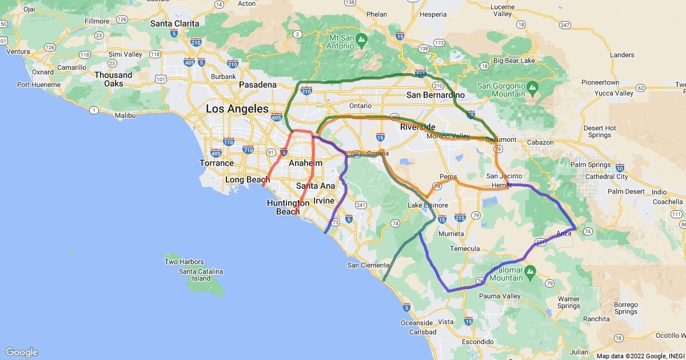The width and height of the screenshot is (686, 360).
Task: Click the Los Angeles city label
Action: pos(237,109)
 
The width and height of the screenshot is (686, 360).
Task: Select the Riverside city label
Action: pos(418,127)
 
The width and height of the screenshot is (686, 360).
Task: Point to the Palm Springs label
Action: pos(592,165)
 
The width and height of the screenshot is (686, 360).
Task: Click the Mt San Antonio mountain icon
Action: pos(361,39)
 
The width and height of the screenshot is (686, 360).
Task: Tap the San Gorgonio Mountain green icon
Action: pos(532,87)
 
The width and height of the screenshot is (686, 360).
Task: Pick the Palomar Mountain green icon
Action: pos(530,270)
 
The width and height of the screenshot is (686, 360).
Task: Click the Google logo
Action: pos(22,352)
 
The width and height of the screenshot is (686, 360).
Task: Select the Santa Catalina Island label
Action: pos(201,275)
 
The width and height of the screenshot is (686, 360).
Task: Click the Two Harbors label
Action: pos(184,262)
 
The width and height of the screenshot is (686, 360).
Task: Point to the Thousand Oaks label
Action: pos(113,79)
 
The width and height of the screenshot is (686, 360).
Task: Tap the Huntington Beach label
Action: pos(288,207)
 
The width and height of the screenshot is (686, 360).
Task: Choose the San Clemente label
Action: pos(369,265)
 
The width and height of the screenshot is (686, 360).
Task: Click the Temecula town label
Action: pos(465,249)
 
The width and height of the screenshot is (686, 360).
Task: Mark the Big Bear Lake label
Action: pos(514,61)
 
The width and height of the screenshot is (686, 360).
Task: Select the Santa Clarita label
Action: pos(175,23)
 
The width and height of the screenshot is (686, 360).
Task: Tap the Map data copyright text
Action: pos(640,356)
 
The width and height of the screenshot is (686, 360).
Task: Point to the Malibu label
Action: pos(125,115)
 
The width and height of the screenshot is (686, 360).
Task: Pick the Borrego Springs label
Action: pos(627,308)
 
